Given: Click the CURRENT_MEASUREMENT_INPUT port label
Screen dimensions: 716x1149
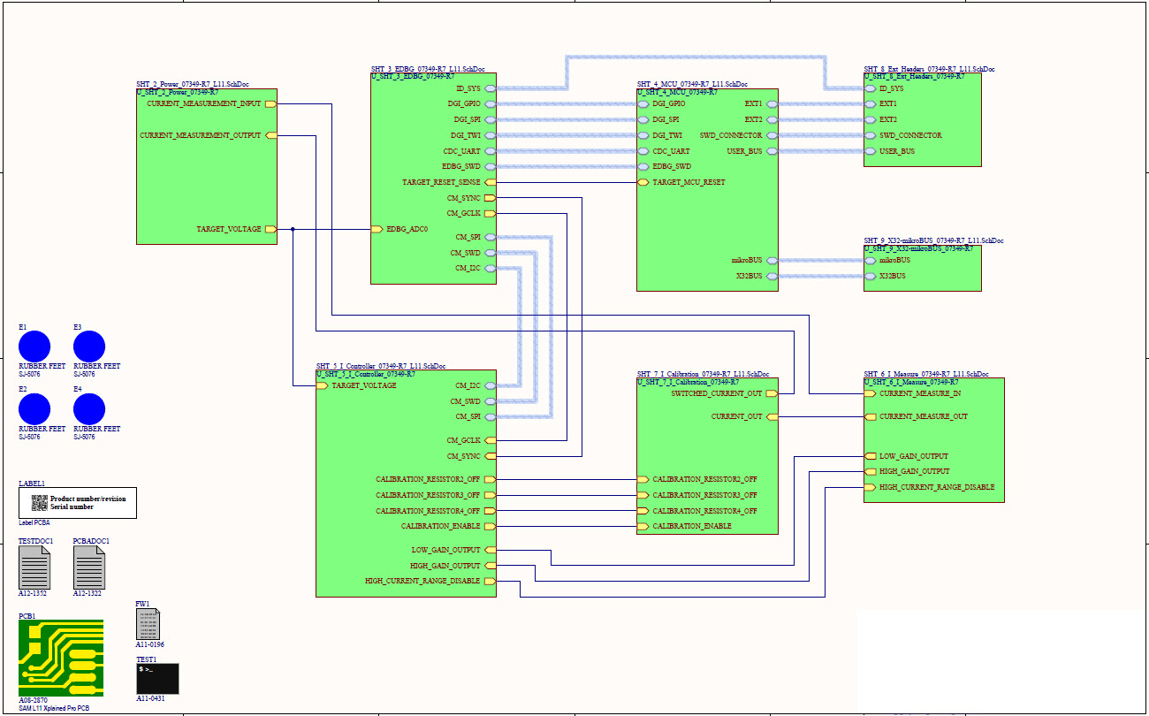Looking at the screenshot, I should [204, 104].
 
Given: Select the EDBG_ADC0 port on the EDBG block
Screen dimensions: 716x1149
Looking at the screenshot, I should [407, 229].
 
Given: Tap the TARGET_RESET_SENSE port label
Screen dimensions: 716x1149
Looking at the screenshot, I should [441, 182].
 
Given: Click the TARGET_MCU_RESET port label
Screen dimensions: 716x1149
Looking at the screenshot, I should [689, 182].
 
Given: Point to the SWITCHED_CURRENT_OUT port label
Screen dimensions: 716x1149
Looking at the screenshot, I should [716, 393].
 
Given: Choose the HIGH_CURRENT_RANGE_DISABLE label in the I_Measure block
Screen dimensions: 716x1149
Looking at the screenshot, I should [936, 487].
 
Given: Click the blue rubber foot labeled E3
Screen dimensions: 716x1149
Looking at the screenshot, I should [89, 347].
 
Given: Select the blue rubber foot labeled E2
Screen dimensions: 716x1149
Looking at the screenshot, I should [34, 409].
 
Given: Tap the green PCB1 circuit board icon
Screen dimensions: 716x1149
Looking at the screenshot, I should [61, 658].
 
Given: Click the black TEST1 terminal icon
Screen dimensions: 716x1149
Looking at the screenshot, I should [157, 679].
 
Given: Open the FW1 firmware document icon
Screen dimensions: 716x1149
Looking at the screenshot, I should [148, 624].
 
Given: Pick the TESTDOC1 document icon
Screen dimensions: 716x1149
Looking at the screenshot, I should [34, 567].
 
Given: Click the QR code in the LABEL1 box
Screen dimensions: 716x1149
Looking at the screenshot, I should [39, 503].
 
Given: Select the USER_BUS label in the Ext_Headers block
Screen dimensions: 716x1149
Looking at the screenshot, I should [897, 151].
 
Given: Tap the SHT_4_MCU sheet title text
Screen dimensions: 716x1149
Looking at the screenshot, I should [692, 84].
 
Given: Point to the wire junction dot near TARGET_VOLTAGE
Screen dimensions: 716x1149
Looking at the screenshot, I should [293, 229].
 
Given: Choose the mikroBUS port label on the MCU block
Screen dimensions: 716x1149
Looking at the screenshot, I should [747, 260].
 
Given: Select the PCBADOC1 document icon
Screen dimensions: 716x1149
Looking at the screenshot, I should [89, 567].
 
